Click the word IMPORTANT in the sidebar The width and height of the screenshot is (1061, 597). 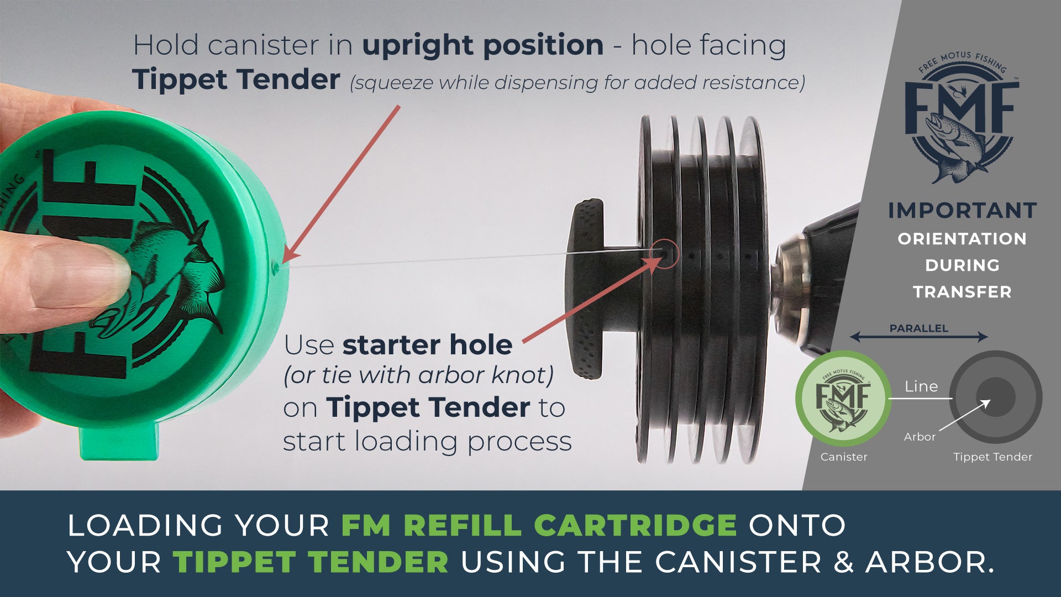pyautogui.click(x=962, y=211)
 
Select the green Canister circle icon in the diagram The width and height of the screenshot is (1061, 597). pyautogui.click(x=843, y=398)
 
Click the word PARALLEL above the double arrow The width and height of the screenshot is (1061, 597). pyautogui.click(x=918, y=328)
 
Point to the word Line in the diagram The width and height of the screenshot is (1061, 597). pyautogui.click(x=921, y=386)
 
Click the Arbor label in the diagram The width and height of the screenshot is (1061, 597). pyautogui.click(x=920, y=437)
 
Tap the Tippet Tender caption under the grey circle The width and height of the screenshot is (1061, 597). pyautogui.click(x=992, y=457)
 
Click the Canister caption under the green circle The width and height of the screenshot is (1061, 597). pyautogui.click(x=844, y=457)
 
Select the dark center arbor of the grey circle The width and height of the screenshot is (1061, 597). pyautogui.click(x=996, y=397)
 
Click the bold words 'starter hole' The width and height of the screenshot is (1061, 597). pyautogui.click(x=427, y=345)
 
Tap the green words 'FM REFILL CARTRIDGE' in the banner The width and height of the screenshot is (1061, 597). pyautogui.click(x=539, y=525)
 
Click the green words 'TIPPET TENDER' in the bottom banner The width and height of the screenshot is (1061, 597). pyautogui.click(x=311, y=562)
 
